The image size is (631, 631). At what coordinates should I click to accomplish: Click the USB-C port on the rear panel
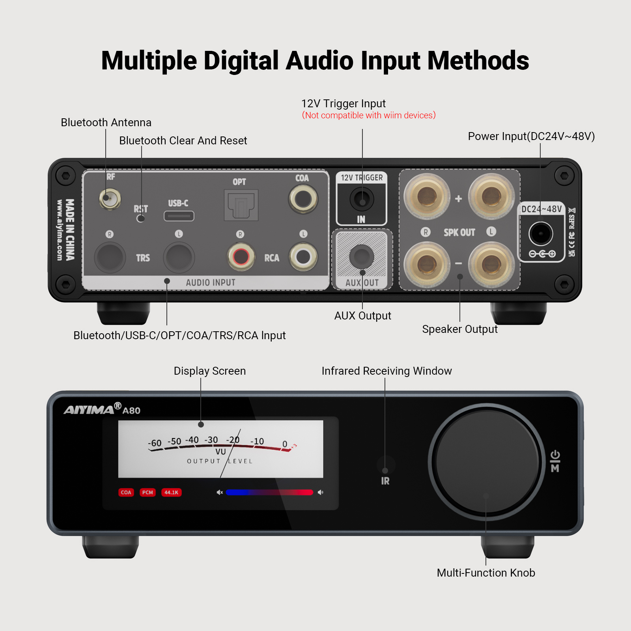pos(179,216)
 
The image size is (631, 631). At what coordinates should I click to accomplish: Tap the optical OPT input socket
pos(241,205)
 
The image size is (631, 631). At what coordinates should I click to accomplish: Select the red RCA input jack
pos(241,257)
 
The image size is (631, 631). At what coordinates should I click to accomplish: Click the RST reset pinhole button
pos(140,218)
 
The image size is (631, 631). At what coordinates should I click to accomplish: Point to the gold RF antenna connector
pos(109,199)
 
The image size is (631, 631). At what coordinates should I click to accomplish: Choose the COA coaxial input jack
pos(303,199)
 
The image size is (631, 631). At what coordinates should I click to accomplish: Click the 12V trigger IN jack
pos(362,199)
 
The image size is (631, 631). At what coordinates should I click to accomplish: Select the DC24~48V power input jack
pos(541,233)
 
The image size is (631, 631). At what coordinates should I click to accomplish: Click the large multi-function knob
pos(487,461)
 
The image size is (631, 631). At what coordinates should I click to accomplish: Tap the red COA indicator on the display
pos(126,492)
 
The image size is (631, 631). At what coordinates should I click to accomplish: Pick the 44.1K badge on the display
pos(172,492)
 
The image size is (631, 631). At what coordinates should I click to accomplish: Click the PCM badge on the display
pos(147,492)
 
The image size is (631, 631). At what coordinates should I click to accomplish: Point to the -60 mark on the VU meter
pos(155,443)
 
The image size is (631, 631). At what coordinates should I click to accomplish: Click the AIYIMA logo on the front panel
pos(89,409)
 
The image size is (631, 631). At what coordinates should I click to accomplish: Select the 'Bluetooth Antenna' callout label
pos(106,123)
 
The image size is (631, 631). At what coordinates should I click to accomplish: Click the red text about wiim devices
pos(369,115)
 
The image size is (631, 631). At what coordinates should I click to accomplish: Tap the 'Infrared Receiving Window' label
pos(386,371)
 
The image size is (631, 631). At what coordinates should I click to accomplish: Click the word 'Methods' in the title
pos(478,61)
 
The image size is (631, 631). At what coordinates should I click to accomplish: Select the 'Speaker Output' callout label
pos(460,329)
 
